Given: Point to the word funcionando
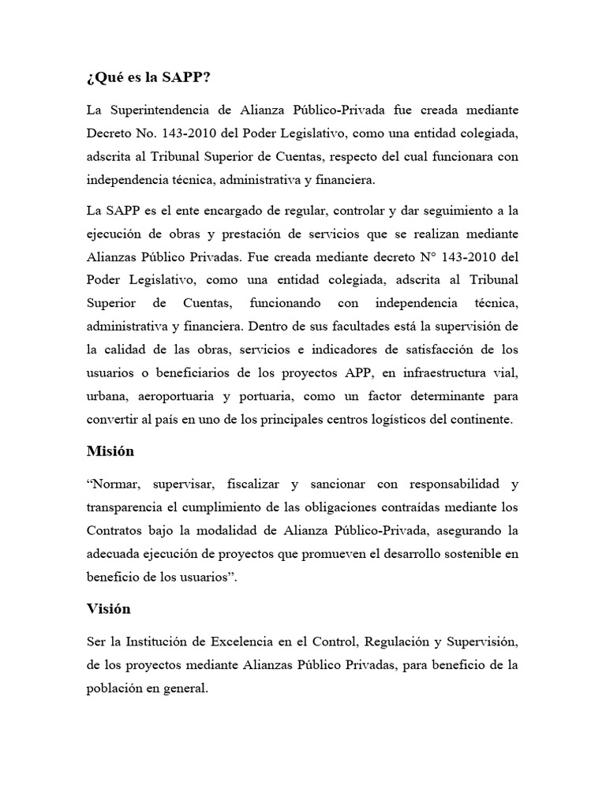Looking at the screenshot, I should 286,303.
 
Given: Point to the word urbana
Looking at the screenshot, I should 107,395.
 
